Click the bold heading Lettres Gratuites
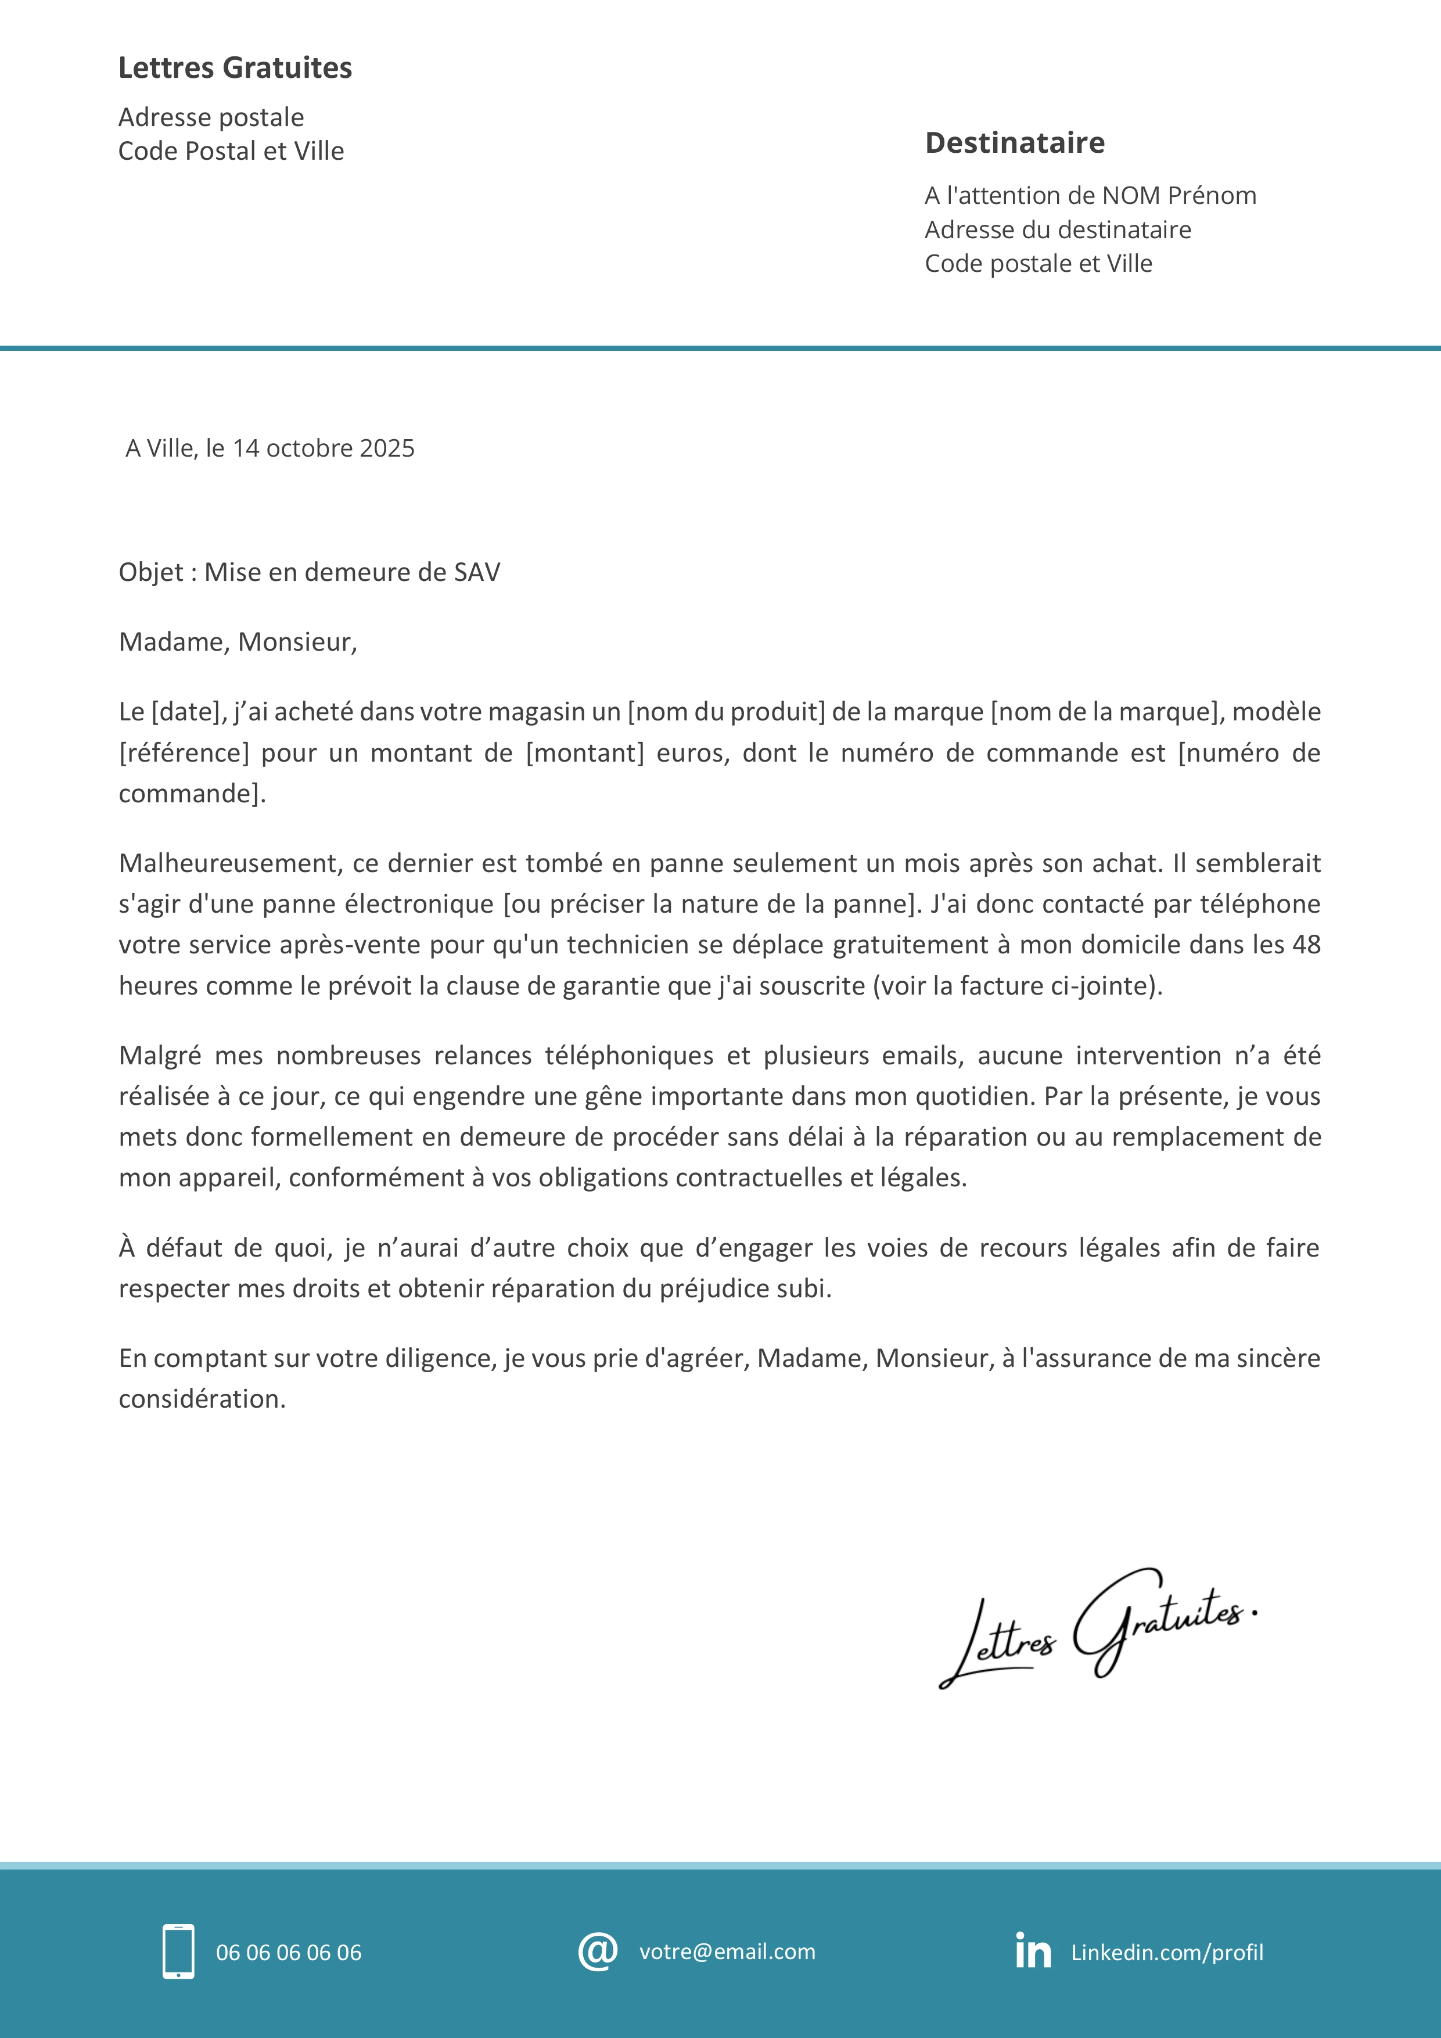click(x=235, y=67)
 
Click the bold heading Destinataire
click(x=1014, y=143)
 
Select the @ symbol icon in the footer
click(x=597, y=1951)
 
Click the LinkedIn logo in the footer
click(x=1033, y=1950)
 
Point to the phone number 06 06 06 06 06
click(x=289, y=1953)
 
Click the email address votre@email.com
click(x=727, y=1951)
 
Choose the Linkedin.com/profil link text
click(x=1167, y=1953)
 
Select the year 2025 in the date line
click(x=387, y=448)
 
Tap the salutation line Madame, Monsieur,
click(x=238, y=642)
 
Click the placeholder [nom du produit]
click(x=726, y=712)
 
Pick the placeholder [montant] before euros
click(x=585, y=753)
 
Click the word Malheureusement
click(x=230, y=864)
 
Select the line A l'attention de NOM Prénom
click(x=1090, y=195)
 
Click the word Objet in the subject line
click(x=151, y=572)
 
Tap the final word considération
click(x=202, y=1399)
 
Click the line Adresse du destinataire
click(x=1058, y=230)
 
